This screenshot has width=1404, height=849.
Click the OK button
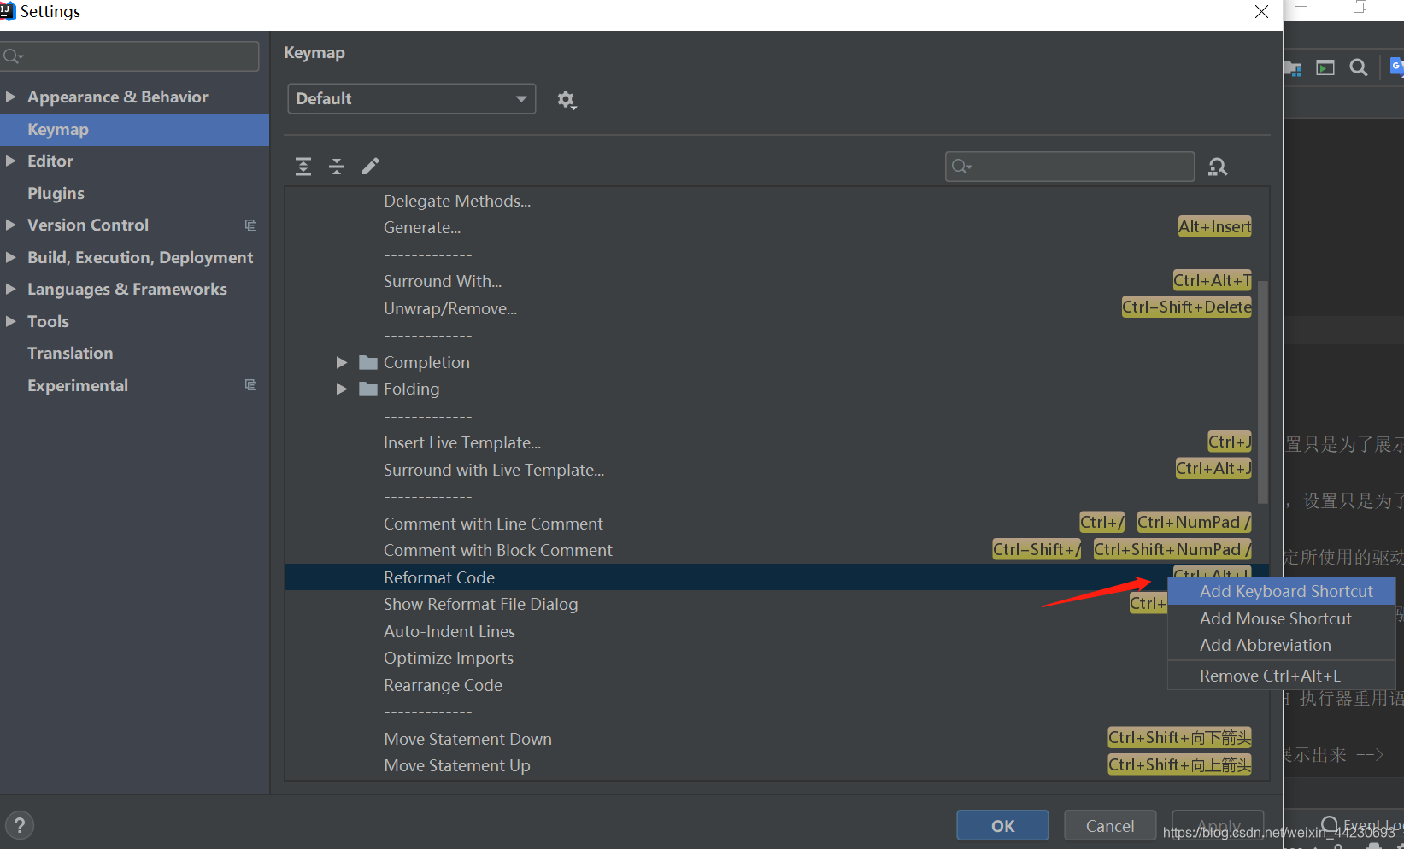(1002, 825)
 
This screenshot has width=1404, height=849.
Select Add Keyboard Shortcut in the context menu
(1285, 591)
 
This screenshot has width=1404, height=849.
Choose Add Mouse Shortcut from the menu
(1275, 618)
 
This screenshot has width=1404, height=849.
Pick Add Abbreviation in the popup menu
(1265, 645)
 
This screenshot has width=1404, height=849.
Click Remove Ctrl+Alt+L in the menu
(1270, 676)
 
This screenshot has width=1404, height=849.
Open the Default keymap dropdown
(411, 98)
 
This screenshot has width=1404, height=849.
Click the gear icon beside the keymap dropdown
(567, 100)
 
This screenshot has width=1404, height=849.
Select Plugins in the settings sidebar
(56, 193)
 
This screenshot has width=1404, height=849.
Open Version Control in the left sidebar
(87, 225)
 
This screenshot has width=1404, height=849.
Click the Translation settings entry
(70, 353)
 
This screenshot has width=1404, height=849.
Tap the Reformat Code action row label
(439, 577)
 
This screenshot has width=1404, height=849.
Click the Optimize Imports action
(449, 658)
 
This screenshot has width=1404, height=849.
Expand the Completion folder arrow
(342, 362)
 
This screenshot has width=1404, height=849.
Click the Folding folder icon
(368, 389)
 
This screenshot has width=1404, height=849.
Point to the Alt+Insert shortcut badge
(1214, 226)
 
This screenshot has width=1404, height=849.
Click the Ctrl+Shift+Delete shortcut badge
(1186, 307)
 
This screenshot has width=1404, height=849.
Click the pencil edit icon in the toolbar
(370, 166)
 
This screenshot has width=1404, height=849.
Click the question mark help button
(20, 825)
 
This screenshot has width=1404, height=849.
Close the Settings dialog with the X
(1261, 11)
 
